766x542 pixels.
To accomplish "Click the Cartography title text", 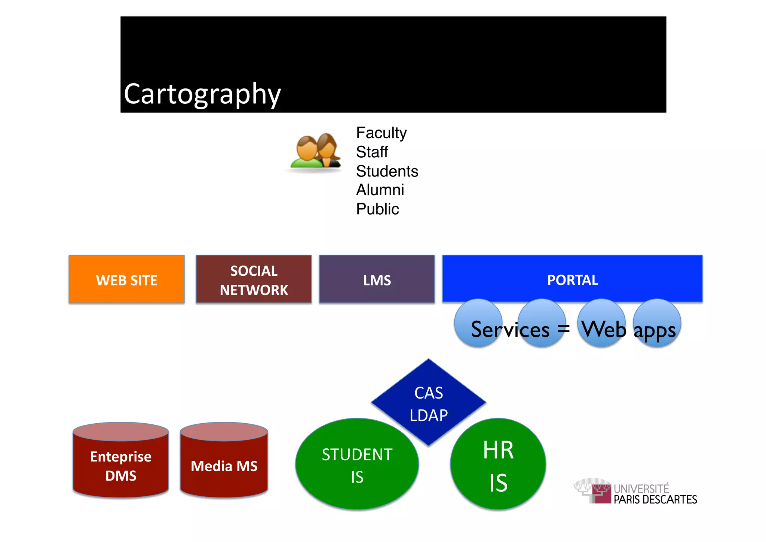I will (x=202, y=94).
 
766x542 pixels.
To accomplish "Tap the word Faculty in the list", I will (x=381, y=133).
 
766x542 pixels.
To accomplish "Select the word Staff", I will (x=372, y=152).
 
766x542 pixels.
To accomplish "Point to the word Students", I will (x=387, y=171).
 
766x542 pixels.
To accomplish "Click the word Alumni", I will (x=380, y=190).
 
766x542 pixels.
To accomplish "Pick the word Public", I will (x=377, y=209).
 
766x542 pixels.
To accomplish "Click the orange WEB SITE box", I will (x=126, y=279).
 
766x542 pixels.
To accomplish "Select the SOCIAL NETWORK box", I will (x=254, y=279).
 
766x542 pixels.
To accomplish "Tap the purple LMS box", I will (x=377, y=279).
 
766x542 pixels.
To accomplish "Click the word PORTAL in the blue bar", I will (x=572, y=280).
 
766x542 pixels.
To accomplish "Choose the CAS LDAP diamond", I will (x=428, y=403).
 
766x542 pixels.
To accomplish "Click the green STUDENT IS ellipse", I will (x=357, y=464).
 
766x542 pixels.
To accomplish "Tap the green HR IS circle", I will (x=498, y=464).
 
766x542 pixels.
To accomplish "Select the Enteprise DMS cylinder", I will (x=120, y=464).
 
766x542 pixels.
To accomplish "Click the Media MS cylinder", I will (x=224, y=464).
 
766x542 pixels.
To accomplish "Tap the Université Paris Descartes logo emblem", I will (x=594, y=490).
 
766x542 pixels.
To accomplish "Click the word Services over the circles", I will (x=510, y=330).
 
